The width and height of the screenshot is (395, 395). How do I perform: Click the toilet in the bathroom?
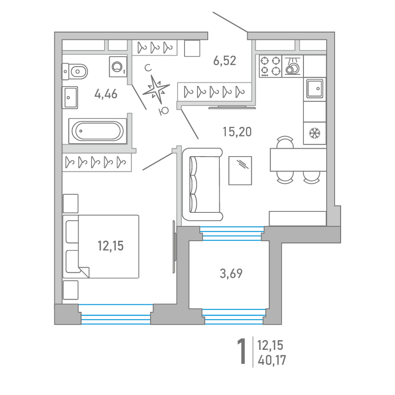click(75, 72)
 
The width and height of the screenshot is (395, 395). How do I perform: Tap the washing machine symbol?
click(118, 67)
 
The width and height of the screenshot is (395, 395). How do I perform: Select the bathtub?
click(98, 131)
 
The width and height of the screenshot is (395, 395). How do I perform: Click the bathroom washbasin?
click(70, 98)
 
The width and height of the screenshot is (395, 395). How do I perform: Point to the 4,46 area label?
click(106, 94)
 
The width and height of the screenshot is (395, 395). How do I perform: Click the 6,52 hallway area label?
click(224, 61)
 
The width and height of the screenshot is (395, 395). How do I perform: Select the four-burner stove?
click(270, 66)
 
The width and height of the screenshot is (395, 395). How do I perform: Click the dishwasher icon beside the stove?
click(292, 66)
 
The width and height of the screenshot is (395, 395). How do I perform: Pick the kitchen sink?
click(315, 88)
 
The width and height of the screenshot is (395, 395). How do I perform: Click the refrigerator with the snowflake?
click(315, 133)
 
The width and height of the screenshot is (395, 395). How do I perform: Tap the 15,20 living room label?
click(237, 132)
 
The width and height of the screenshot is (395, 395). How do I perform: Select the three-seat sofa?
click(202, 184)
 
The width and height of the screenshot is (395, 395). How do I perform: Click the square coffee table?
click(240, 171)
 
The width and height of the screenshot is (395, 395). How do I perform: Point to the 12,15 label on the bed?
click(111, 246)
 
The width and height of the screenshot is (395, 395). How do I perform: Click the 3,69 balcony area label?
click(231, 274)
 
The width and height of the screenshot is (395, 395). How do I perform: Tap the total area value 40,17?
click(272, 360)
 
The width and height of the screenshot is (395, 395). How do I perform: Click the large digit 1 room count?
click(242, 351)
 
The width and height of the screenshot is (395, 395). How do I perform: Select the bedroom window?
click(116, 314)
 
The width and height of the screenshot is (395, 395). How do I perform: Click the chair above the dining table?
click(285, 142)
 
